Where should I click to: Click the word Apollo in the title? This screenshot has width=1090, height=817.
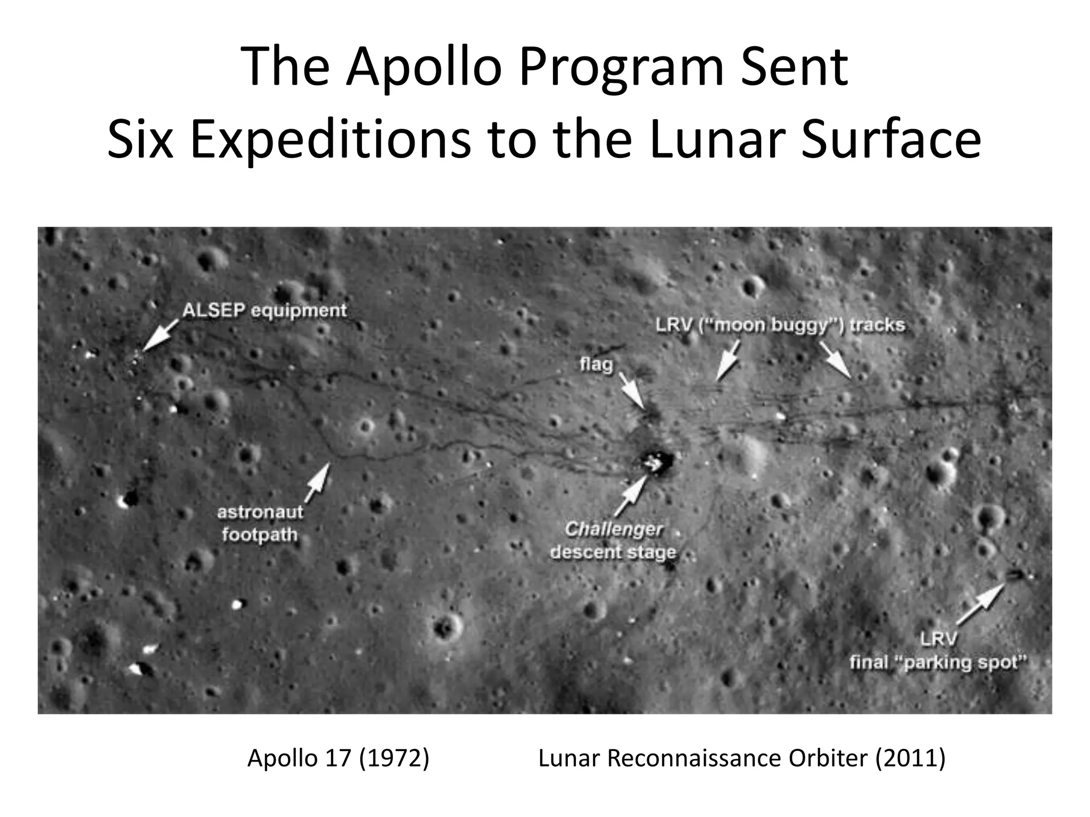click(x=426, y=68)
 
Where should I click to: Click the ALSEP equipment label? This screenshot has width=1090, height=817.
click(x=265, y=310)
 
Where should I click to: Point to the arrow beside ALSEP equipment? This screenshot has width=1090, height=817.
click(x=161, y=334)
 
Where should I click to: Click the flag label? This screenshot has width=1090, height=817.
click(x=596, y=364)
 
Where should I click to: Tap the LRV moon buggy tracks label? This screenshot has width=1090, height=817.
click(x=780, y=324)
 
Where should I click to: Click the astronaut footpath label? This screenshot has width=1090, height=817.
click(x=260, y=523)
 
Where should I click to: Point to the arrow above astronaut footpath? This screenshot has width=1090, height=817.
click(x=318, y=481)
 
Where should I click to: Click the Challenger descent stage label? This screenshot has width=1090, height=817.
click(x=613, y=540)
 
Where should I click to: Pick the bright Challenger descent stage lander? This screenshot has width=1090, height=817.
click(x=656, y=463)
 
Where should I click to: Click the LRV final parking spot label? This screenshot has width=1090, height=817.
click(x=938, y=651)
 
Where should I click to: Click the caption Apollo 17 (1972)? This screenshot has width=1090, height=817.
click(x=338, y=758)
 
